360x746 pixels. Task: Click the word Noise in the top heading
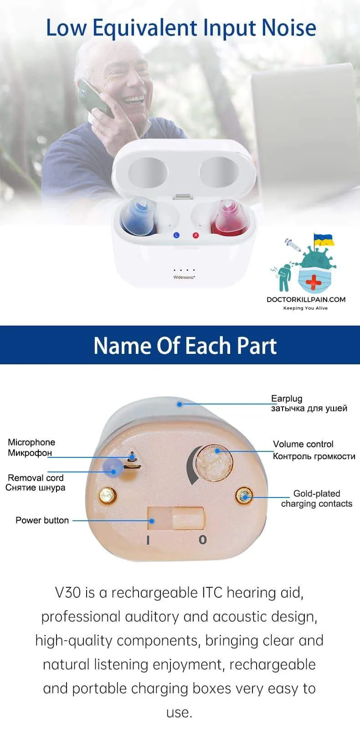click(289, 28)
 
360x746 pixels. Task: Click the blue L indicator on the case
click(176, 235)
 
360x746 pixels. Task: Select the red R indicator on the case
click(195, 235)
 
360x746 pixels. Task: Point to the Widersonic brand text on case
click(184, 277)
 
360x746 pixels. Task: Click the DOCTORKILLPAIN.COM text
click(306, 300)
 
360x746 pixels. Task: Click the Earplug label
click(287, 399)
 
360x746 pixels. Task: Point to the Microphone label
click(31, 442)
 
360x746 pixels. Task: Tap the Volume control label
click(303, 444)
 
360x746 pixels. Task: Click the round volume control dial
click(214, 463)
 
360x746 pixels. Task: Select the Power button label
click(42, 520)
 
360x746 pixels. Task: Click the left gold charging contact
click(108, 496)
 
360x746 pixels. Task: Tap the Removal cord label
click(36, 478)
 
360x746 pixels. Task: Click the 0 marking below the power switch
click(203, 539)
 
